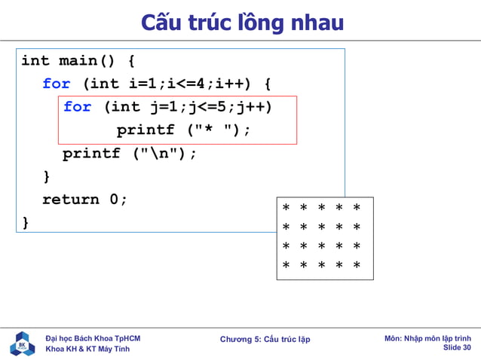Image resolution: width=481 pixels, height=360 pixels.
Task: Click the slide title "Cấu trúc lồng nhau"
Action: pyautogui.click(x=242, y=23)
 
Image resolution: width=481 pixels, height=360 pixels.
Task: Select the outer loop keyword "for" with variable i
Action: pyautogui.click(x=57, y=84)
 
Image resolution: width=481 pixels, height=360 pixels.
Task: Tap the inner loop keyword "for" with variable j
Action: pyautogui.click(x=78, y=107)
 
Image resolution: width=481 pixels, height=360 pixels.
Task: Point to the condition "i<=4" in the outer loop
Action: pyautogui.click(x=184, y=84)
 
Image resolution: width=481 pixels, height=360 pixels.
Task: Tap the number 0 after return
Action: pyautogui.click(x=115, y=200)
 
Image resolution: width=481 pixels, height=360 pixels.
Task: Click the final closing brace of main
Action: pyautogui.click(x=26, y=223)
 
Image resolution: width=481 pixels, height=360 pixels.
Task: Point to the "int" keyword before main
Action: pyautogui.click(x=35, y=61)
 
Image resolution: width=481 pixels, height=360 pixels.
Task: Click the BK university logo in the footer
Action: pyautogui.click(x=23, y=343)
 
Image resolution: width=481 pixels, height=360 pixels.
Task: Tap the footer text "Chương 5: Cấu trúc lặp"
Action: pyautogui.click(x=265, y=340)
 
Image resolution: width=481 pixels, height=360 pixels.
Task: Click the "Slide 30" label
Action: pyautogui.click(x=457, y=348)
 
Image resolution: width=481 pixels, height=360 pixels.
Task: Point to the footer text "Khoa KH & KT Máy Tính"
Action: pyautogui.click(x=87, y=349)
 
